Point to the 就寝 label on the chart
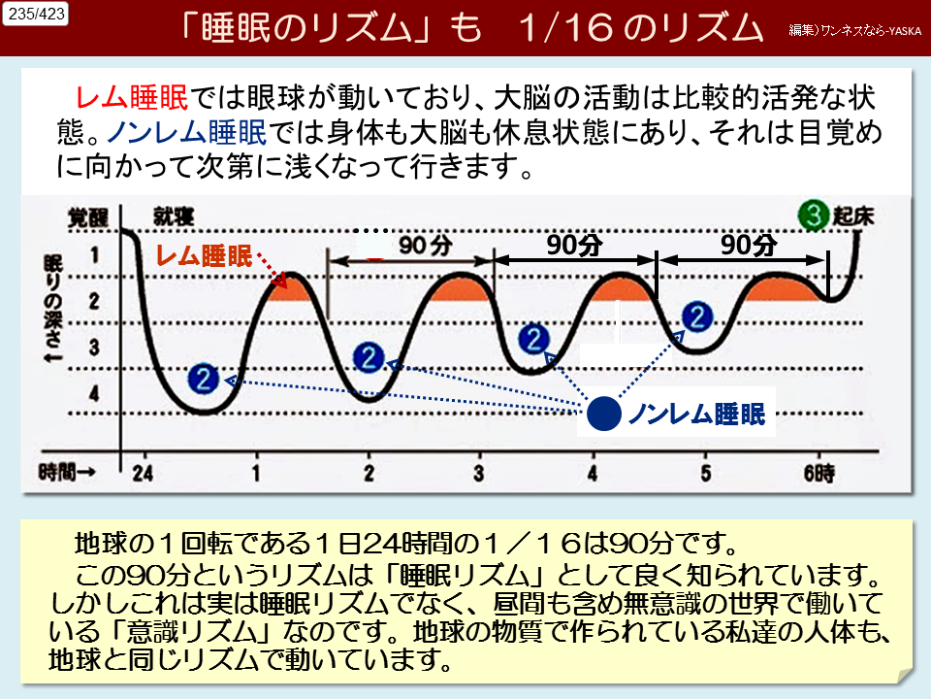click(x=172, y=216)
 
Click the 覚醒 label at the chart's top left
click(x=87, y=216)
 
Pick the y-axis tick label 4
click(x=93, y=393)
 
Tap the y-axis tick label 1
click(x=93, y=255)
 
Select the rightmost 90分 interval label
click(x=749, y=245)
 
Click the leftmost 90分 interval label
click(x=426, y=247)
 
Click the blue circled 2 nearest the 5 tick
click(x=697, y=316)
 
